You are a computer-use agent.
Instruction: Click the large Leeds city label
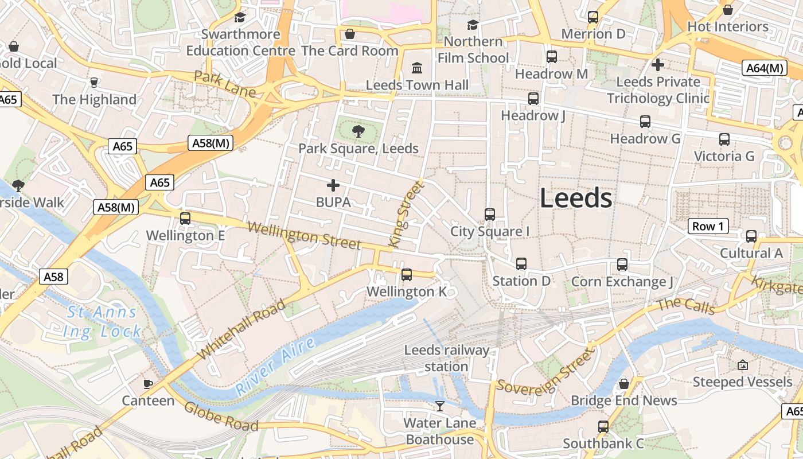[576, 199]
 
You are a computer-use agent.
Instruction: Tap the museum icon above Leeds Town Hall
[417, 68]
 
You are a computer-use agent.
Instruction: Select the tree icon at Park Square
[358, 131]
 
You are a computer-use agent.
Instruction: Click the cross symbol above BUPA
[333, 185]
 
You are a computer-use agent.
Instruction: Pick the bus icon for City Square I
[489, 214]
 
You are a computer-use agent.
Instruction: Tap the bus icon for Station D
[521, 264]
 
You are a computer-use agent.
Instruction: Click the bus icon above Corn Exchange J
[622, 264]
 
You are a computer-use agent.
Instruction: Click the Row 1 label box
[708, 226]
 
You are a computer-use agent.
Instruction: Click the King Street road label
[407, 213]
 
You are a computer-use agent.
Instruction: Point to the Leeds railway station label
[447, 358]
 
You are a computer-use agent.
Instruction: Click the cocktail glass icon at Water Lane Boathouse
[440, 406]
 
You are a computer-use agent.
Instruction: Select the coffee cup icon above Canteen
[148, 383]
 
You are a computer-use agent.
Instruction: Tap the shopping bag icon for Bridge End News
[624, 383]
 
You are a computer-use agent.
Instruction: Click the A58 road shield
[54, 277]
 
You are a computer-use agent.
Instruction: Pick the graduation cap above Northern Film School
[473, 25]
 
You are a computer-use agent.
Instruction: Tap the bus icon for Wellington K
[407, 275]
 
